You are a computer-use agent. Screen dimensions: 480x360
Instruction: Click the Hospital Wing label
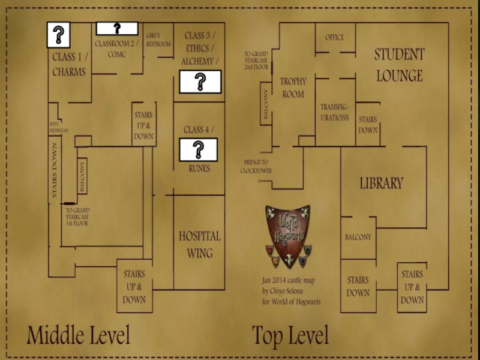199,244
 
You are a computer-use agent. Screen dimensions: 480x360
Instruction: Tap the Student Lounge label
399,65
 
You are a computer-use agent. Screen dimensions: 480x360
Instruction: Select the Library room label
382,184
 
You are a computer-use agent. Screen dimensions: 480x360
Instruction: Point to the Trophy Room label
293,88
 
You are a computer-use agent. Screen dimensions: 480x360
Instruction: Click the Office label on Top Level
335,37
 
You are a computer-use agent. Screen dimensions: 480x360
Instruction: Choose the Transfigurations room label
335,112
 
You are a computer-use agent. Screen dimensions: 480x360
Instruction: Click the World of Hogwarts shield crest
288,236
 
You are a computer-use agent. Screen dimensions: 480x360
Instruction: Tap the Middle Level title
78,335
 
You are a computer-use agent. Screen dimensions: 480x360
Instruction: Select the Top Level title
290,335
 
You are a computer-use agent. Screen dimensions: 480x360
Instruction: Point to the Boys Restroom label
58,127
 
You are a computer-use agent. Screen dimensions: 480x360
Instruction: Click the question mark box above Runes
199,149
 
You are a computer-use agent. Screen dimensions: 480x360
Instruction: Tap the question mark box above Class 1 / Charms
59,35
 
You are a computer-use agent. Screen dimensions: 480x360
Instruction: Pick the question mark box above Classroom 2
117,28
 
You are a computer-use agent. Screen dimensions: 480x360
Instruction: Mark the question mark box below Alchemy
200,82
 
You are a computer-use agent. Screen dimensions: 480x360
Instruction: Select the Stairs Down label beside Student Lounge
368,125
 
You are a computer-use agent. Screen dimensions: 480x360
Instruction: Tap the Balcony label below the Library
358,237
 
